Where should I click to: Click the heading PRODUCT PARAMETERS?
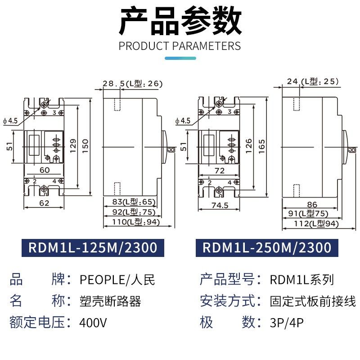point(180,46)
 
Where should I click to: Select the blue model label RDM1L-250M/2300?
point(267,247)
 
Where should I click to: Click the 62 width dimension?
point(44,203)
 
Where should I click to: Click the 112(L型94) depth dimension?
point(310,223)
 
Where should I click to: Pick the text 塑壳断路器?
point(110,301)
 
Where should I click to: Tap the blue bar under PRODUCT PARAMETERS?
point(180,58)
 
